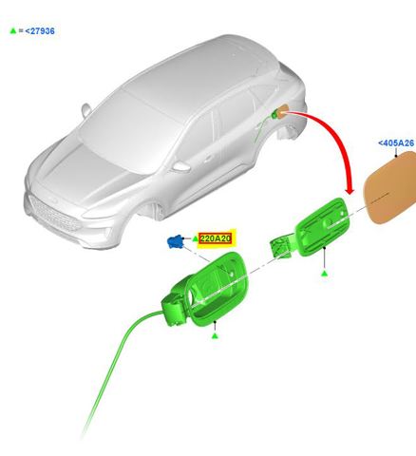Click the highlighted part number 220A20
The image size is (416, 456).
[216, 238]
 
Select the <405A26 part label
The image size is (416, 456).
[396, 143]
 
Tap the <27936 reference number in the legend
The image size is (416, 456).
[40, 31]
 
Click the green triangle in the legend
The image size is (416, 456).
[13, 30]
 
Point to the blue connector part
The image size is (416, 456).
[175, 241]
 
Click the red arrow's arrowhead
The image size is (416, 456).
[350, 190]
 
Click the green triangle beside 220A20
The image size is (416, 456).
[195, 238]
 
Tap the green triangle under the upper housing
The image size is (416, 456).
[324, 274]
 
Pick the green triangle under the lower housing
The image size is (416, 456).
[215, 336]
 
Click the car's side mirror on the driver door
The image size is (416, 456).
[180, 167]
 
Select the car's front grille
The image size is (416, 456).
[54, 217]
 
